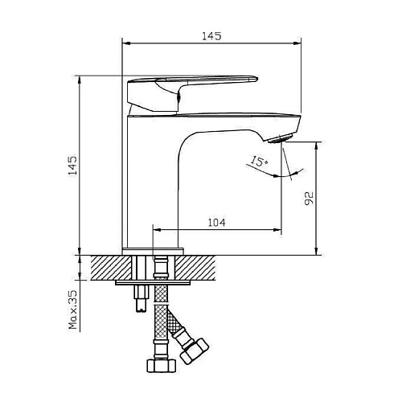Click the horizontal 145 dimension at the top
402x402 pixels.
point(211,36)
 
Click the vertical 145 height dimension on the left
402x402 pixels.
point(72,166)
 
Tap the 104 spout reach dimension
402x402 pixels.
point(217,223)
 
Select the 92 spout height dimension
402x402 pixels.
point(309,199)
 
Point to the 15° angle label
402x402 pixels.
point(259,161)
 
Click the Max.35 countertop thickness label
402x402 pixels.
point(73,310)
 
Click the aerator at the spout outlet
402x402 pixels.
point(279,139)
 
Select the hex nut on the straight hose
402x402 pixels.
point(162,366)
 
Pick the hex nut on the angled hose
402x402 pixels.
point(195,351)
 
